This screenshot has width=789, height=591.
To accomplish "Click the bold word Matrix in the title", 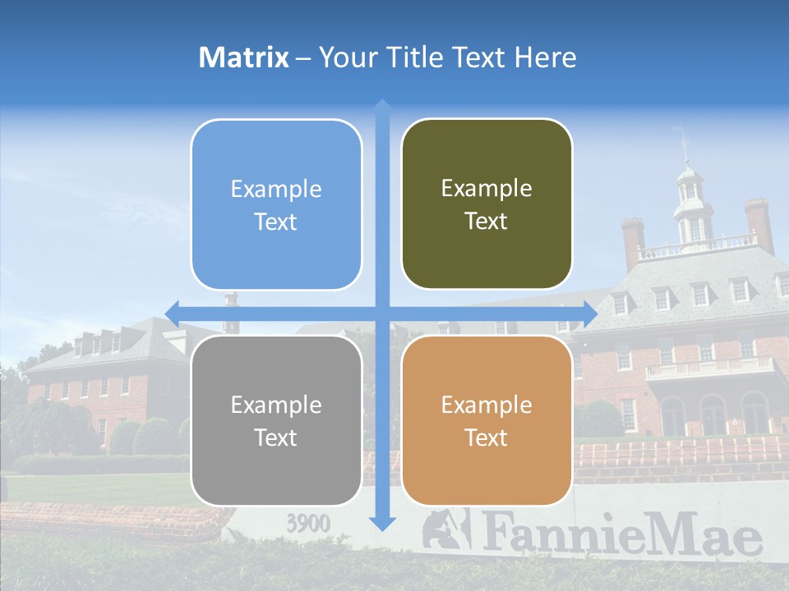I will coord(244,57).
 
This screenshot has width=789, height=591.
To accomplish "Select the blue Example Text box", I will coord(276,204).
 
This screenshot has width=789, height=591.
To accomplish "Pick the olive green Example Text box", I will coord(487,204).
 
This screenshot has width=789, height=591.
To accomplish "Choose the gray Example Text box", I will coord(276,420).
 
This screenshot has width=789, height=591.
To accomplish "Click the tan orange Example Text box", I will coord(487,420).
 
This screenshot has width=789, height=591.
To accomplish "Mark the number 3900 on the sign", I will coord(308,523).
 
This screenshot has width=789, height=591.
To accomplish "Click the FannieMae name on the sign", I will coord(621,534).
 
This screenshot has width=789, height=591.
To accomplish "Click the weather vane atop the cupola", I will coord(683,140).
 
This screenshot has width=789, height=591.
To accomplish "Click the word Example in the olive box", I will coord(487,189).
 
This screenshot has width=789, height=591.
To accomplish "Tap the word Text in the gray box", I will coord(276,438).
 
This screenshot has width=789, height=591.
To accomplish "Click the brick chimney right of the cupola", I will coord(759,223).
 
